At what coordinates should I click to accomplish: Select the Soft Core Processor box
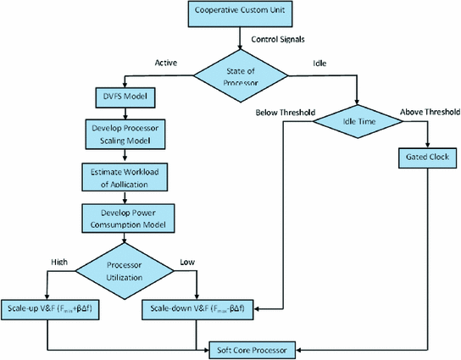(259, 347)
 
